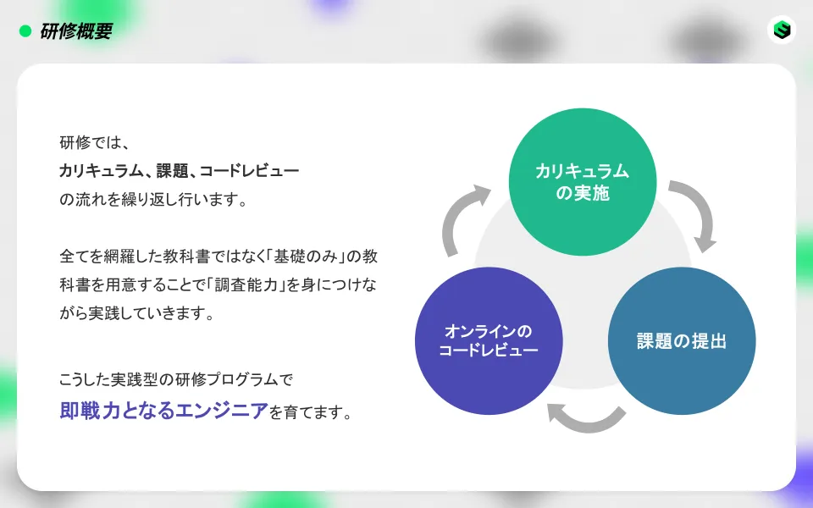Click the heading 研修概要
pos(76,31)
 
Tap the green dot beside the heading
pos(25,31)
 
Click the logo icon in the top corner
pos(782,30)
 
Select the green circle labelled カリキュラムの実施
pos(582,181)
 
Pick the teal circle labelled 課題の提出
pos(682,341)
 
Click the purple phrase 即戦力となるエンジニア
pos(163,412)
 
